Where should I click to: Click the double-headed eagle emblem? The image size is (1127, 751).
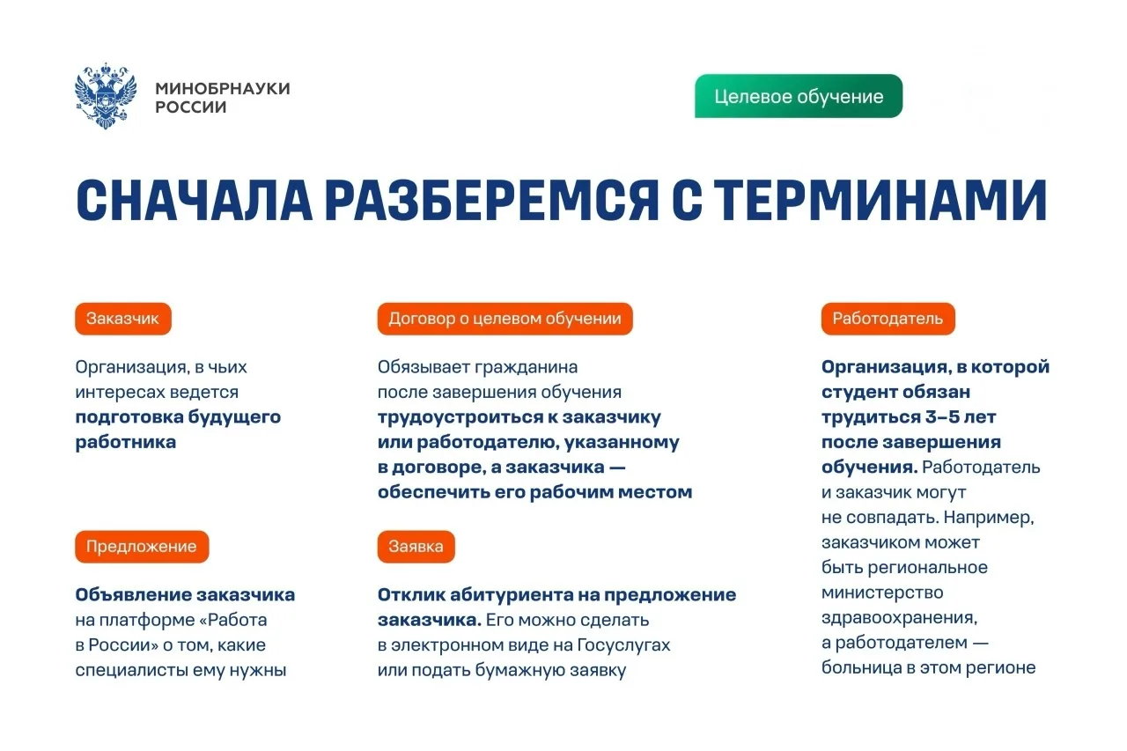tap(106, 96)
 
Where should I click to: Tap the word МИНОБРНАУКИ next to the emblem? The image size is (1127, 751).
tap(223, 89)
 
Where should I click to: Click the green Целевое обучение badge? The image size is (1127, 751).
tap(799, 96)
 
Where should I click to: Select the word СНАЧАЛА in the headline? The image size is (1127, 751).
tap(195, 200)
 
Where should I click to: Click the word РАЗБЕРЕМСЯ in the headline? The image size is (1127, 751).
tap(491, 200)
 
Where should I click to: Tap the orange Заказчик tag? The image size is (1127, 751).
tap(123, 319)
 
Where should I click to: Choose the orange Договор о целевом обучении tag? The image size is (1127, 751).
tap(505, 319)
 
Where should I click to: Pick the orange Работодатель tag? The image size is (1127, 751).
tap(888, 319)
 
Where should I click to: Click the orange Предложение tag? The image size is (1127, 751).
tap(142, 546)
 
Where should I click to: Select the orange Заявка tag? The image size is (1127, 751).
tap(416, 546)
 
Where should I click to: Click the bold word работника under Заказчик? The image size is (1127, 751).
tap(126, 443)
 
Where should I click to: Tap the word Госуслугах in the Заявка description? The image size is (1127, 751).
tap(624, 644)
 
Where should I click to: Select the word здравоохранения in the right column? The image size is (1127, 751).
tap(900, 618)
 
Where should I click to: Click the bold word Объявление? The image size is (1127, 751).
tap(133, 594)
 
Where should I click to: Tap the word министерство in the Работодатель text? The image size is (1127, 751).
tap(882, 593)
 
